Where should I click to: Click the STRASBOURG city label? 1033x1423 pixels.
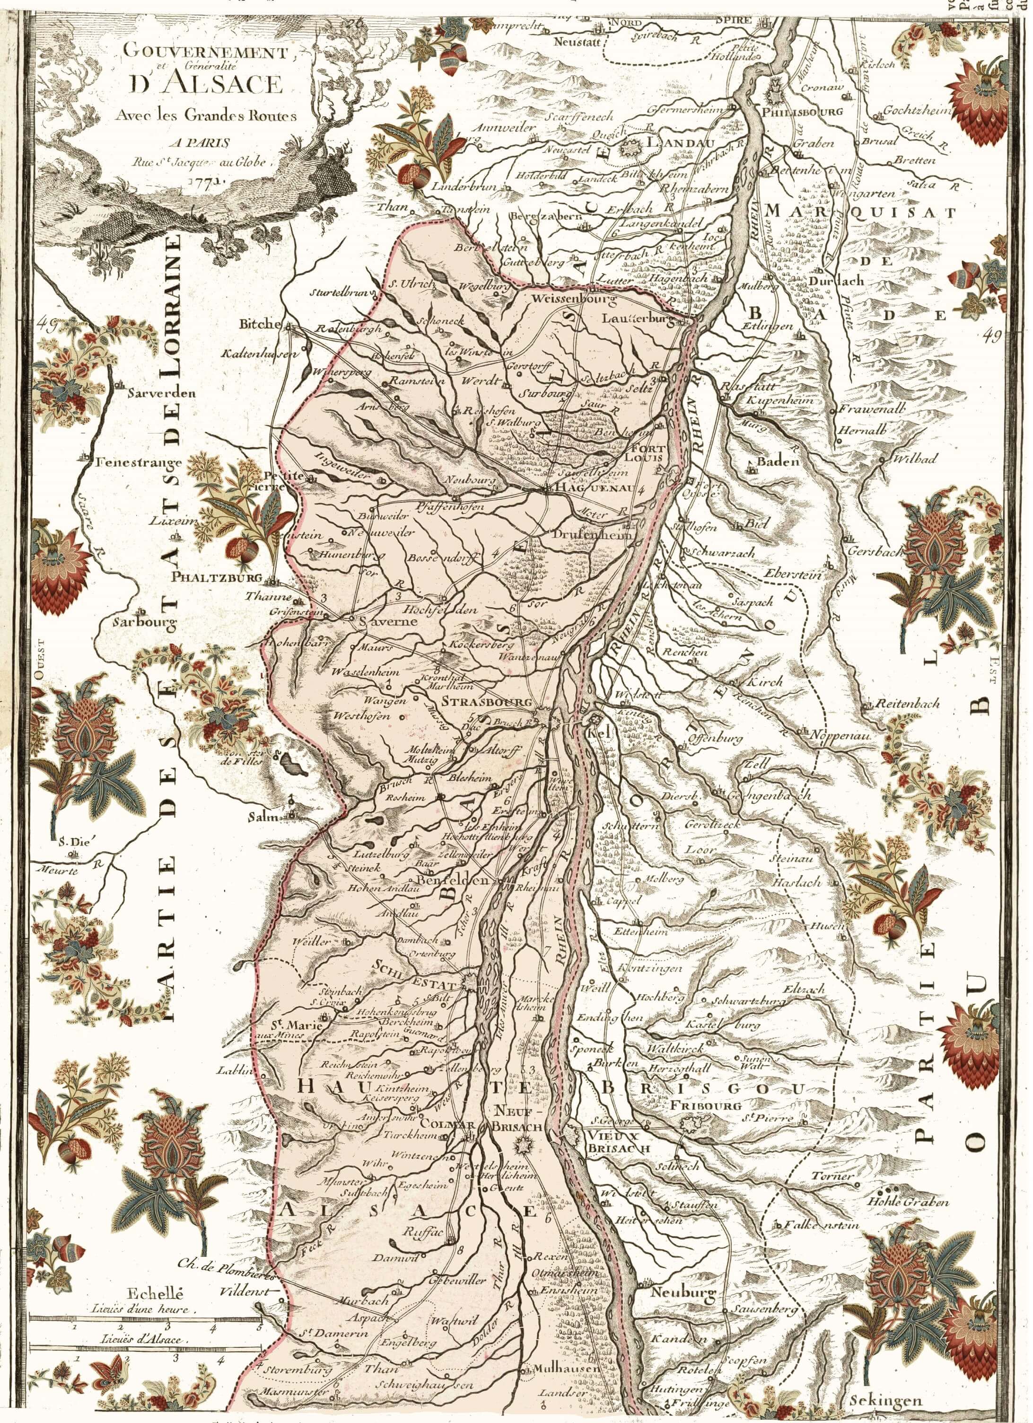pyautogui.click(x=479, y=701)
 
